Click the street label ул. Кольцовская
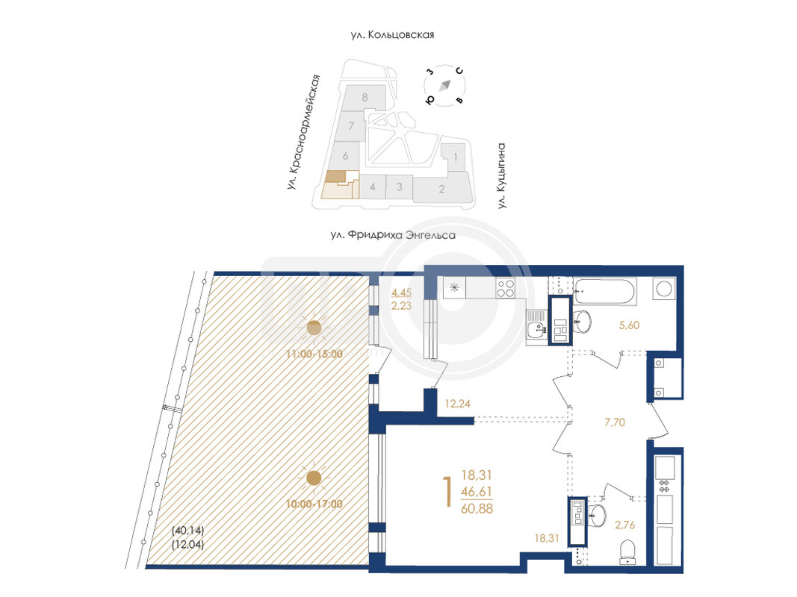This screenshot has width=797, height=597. click(x=392, y=34)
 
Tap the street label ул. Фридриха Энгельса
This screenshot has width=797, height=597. click(x=393, y=235)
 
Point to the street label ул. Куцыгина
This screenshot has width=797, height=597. click(x=502, y=175)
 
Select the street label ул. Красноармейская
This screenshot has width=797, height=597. click(x=303, y=133)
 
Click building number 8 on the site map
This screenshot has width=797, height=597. click(x=365, y=97)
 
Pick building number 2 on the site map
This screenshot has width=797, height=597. click(x=441, y=189)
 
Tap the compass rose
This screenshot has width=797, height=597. click(x=445, y=86)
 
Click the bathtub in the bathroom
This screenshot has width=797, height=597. click(x=605, y=291)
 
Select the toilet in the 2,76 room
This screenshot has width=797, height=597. click(x=628, y=551)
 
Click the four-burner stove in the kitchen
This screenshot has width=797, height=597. click(x=505, y=288)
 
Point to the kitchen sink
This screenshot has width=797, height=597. click(x=536, y=329)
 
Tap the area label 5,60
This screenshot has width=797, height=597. click(x=629, y=325)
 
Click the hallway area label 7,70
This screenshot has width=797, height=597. click(x=615, y=422)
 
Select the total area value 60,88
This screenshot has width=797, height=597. click(x=477, y=508)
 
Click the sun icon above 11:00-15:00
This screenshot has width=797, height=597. click(x=314, y=328)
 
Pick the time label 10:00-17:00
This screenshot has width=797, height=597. click(x=314, y=504)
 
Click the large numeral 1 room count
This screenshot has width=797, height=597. click(x=448, y=492)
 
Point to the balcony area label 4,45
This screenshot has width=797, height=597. click(x=401, y=293)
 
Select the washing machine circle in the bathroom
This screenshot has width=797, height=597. click(x=663, y=289)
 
